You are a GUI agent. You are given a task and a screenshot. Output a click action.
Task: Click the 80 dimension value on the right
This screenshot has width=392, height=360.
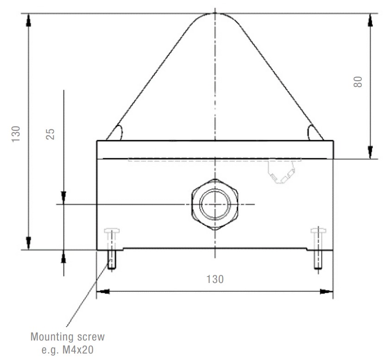coord(358,82)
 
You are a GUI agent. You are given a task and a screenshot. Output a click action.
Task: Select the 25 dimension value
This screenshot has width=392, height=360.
coord(51,134)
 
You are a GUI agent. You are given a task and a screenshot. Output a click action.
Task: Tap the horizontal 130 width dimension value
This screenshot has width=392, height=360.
coord(215,279)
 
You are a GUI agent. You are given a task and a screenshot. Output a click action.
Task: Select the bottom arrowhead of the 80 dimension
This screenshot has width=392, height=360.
coord(370,153)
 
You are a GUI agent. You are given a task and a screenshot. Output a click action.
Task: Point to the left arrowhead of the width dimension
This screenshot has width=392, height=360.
coord(102,292)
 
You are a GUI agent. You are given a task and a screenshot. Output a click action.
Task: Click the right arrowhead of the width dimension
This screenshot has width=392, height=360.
coord(328,292)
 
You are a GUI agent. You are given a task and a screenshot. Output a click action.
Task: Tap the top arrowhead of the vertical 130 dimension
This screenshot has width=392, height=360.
coord(29,19)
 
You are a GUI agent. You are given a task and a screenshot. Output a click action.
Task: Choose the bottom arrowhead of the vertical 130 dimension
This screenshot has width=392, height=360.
coord(29,244)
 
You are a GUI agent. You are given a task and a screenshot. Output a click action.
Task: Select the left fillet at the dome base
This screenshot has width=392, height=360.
coord(116,133)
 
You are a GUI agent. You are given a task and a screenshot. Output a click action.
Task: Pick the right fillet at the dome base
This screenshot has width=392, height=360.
coord(315,133)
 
